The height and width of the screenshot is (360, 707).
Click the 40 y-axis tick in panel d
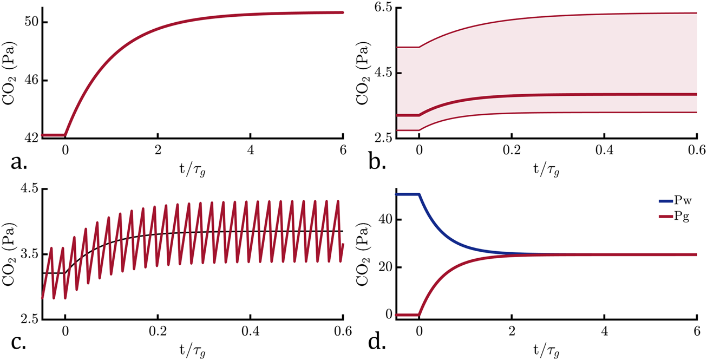tap(385, 219)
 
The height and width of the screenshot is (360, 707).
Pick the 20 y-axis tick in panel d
tap(385, 267)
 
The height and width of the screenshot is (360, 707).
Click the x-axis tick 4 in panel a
tap(250, 149)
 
